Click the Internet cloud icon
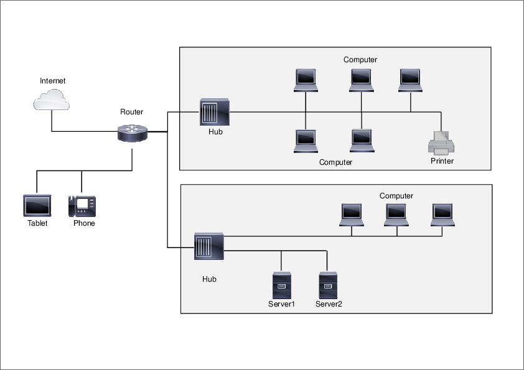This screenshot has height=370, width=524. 51,100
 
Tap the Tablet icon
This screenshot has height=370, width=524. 37,205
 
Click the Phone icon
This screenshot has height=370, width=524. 82,205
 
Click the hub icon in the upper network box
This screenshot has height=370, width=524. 215,113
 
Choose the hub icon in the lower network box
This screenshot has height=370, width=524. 209,248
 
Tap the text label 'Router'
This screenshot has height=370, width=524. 131,112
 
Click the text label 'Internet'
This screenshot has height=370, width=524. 52,81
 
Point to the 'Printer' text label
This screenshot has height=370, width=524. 442,161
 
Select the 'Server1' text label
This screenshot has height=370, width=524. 281,304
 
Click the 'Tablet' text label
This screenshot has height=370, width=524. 37,223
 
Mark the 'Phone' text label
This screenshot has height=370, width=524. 84,223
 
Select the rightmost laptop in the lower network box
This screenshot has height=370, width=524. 443,215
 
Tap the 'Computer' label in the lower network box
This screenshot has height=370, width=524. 396,196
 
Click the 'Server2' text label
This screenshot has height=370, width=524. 329,304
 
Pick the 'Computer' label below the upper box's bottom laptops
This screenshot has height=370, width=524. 335,162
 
